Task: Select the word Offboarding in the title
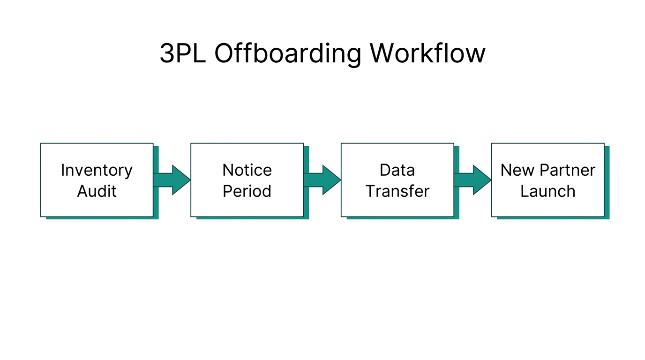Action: point(288,53)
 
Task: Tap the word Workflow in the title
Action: point(427,53)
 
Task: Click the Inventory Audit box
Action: point(97,180)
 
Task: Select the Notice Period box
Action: point(247,180)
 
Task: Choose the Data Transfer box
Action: point(397,180)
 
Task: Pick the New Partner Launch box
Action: point(547,180)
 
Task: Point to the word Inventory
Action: point(97,170)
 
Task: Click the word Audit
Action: point(97,191)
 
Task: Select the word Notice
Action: point(247,170)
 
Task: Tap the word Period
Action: point(247,191)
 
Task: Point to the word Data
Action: point(397,170)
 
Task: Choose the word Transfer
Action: point(397,191)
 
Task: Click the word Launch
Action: point(547,191)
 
